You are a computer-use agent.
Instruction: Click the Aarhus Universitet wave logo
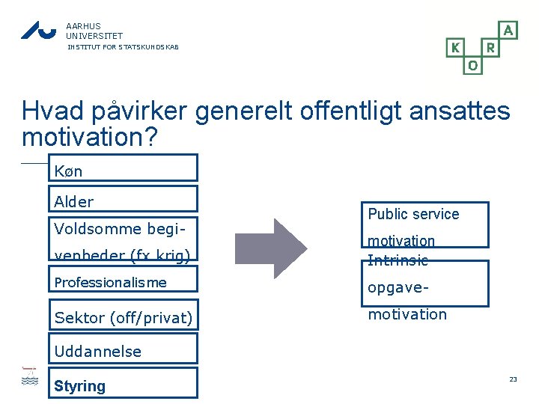(38, 30)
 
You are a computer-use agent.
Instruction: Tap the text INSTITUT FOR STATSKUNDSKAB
(123, 47)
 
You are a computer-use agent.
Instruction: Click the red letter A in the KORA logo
(508, 30)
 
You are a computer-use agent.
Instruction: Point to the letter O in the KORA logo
(472, 66)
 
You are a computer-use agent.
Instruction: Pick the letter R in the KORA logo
(490, 48)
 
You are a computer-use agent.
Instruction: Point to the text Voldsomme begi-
(120, 227)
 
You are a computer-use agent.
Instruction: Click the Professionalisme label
(110, 282)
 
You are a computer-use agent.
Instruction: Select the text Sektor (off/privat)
(123, 318)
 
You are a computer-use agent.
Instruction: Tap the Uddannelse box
(123, 349)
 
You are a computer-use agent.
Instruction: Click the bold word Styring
(79, 386)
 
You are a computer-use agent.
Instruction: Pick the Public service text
(413, 214)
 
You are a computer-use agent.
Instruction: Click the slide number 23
(513, 380)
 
